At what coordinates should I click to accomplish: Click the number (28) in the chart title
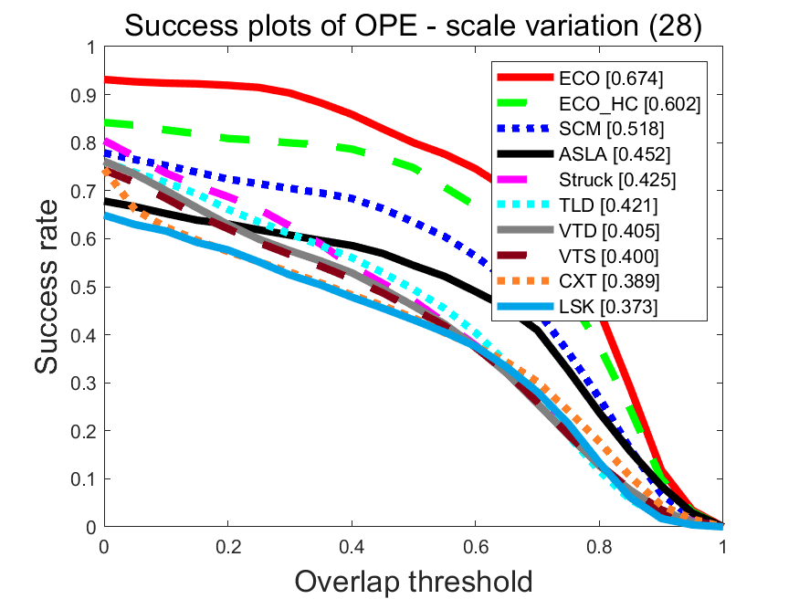674,26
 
